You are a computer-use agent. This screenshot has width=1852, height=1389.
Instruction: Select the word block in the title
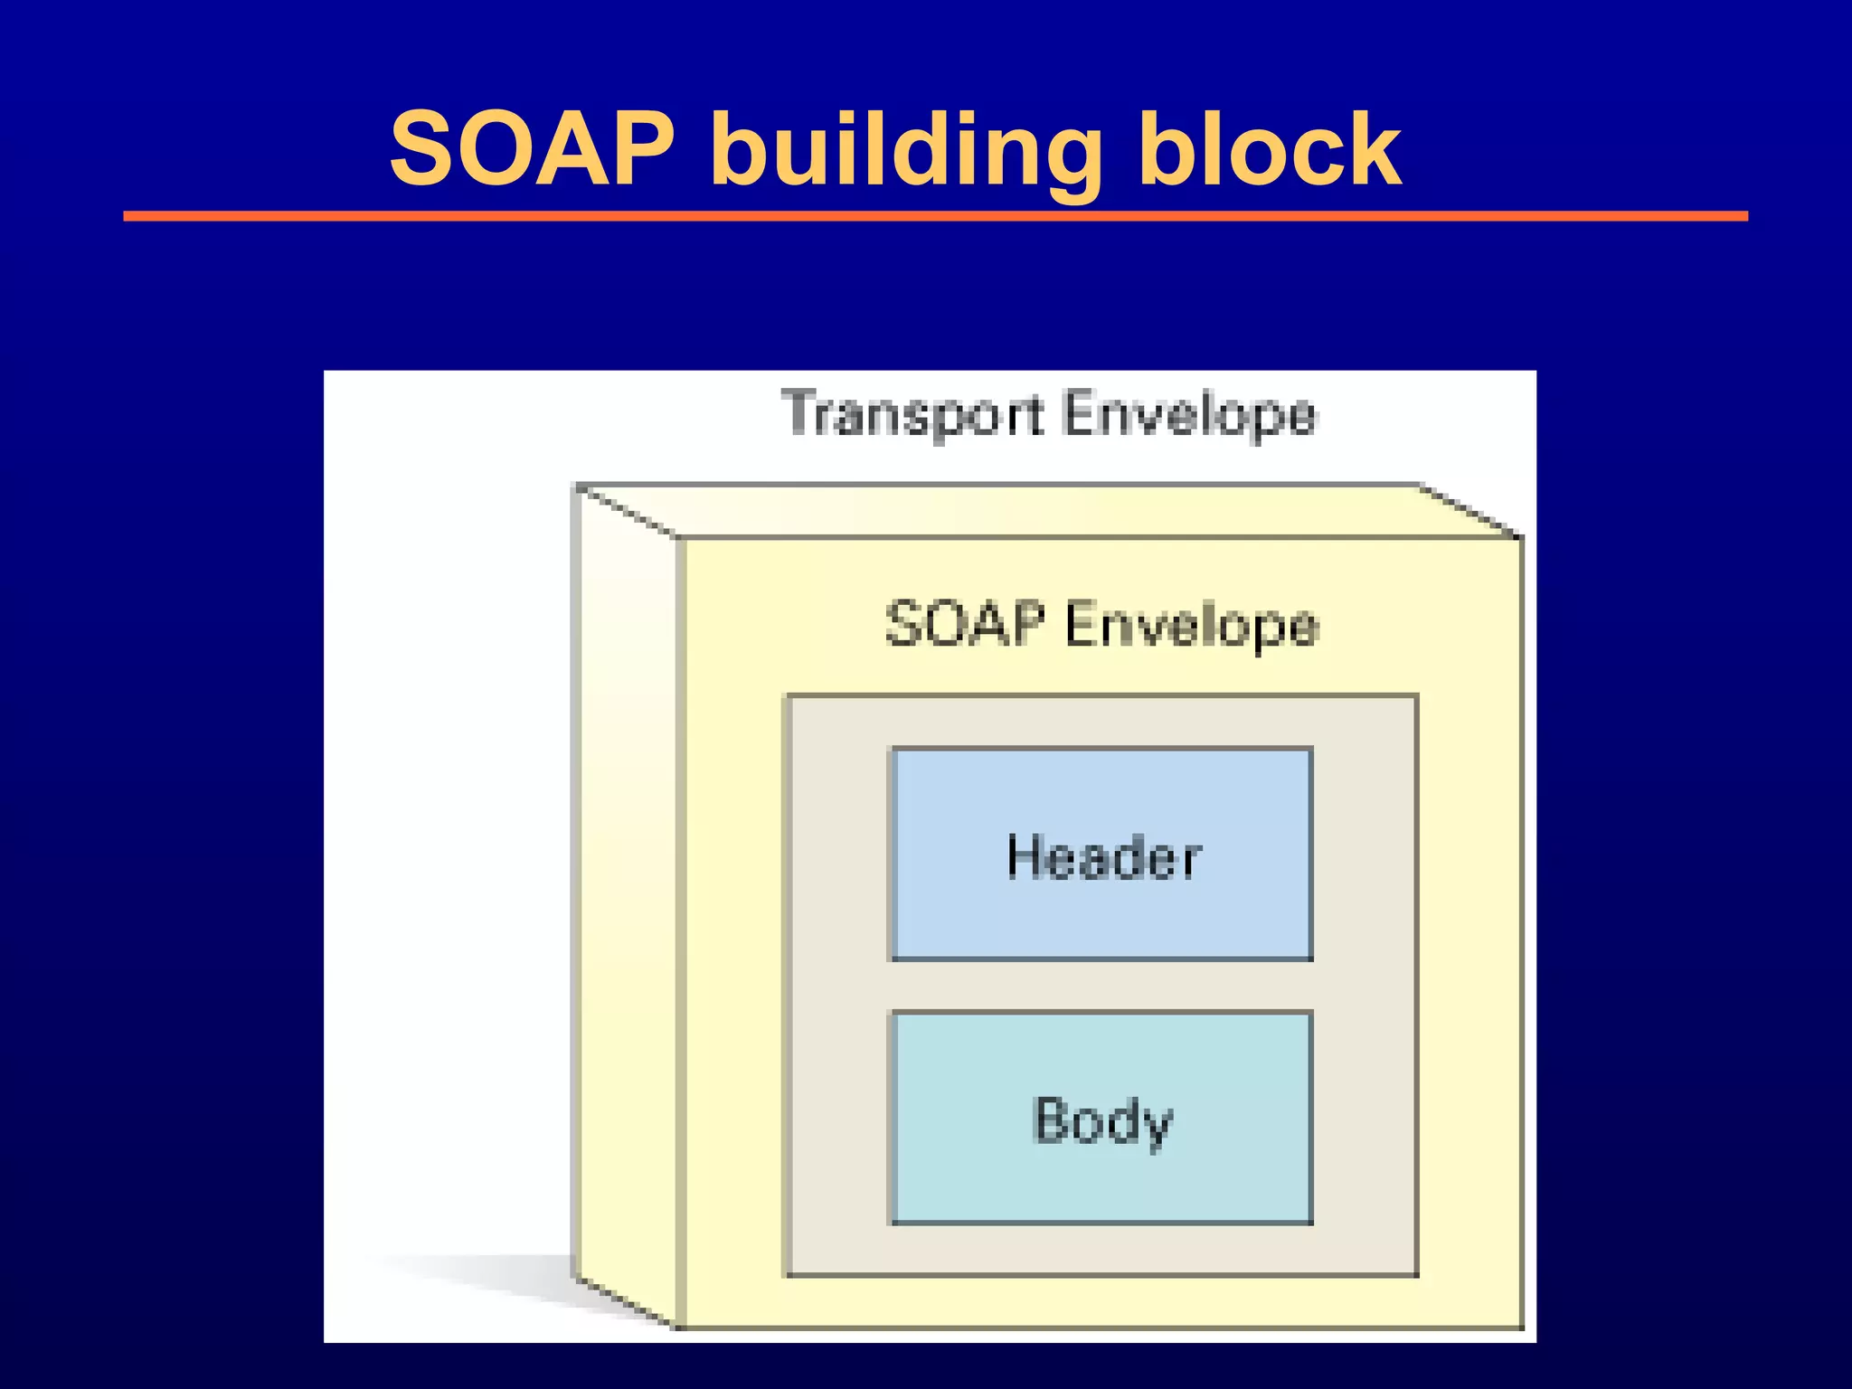click(1270, 149)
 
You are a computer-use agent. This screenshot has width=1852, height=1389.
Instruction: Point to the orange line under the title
click(935, 216)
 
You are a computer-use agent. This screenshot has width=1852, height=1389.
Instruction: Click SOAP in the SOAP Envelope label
click(965, 624)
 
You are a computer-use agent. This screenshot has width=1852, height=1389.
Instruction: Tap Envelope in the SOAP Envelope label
click(1192, 626)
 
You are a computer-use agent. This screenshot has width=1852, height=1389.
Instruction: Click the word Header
click(1104, 857)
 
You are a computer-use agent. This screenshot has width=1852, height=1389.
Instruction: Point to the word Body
click(1102, 1121)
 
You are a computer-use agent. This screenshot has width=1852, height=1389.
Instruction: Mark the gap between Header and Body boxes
click(1101, 986)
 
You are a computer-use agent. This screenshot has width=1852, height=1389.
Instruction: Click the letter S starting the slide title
click(423, 149)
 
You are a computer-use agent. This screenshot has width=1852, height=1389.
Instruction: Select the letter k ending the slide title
click(1375, 149)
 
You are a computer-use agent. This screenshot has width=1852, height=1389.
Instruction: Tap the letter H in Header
click(1025, 856)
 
